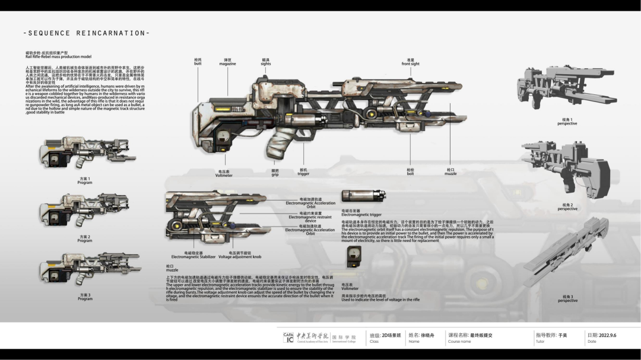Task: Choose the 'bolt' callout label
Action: pos(410,173)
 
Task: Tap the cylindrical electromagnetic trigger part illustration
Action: pos(363,196)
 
